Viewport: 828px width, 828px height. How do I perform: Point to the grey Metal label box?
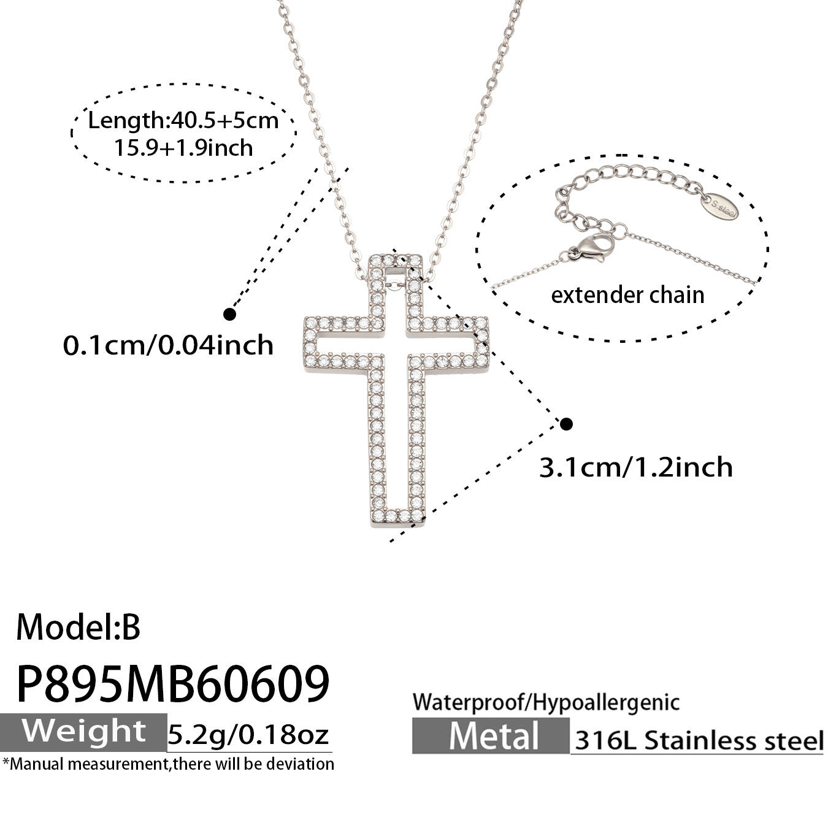click(491, 736)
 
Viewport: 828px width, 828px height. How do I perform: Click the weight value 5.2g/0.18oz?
click(248, 734)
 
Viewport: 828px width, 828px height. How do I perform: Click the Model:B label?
click(79, 628)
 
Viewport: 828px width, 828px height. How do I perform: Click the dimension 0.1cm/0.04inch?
click(168, 345)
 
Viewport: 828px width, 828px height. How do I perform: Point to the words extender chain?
click(628, 295)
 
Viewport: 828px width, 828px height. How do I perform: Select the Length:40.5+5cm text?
click(183, 120)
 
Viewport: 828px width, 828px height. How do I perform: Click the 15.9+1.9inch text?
click(183, 148)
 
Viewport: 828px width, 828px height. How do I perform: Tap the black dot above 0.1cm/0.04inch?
click(230, 314)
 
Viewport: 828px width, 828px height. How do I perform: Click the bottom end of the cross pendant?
click(397, 526)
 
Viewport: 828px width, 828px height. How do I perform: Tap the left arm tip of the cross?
click(305, 343)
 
